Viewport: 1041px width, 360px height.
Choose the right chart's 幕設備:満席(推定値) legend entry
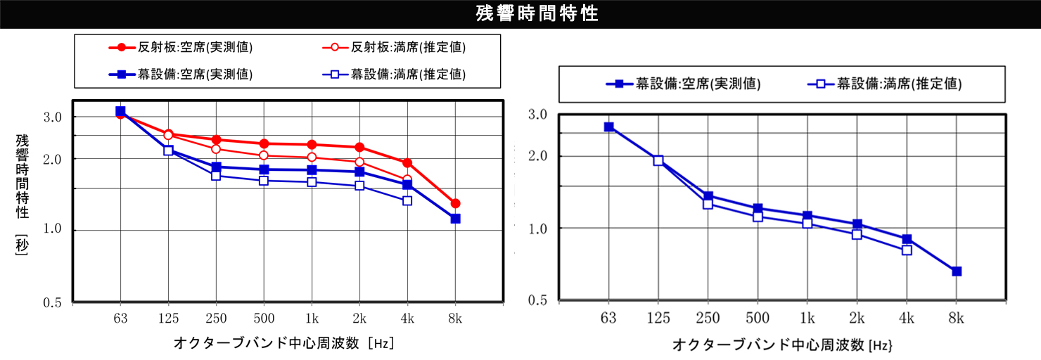886,84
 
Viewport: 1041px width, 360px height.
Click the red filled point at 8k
455,203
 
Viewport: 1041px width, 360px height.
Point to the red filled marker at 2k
359,147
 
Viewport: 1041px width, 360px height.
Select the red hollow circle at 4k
407,180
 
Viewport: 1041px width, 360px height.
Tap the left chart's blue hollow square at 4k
407,200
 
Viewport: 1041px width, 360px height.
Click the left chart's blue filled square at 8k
455,219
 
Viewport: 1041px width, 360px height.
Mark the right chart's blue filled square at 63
609,127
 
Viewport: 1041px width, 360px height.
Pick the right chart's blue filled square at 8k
957,271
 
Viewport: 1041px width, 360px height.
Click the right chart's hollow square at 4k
907,250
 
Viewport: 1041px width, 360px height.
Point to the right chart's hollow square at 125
658,160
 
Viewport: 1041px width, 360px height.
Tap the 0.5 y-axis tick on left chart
54,302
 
